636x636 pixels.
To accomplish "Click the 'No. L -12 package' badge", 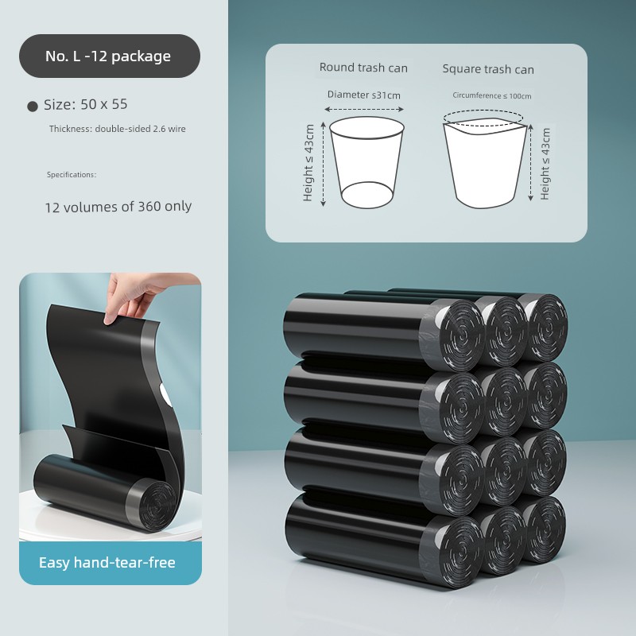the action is click(110, 56).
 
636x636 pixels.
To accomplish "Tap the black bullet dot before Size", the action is click(33, 107).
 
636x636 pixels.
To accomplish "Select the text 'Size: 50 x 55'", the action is click(86, 105).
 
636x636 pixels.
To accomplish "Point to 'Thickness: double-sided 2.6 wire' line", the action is click(117, 129).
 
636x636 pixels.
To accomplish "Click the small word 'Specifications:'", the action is click(72, 175).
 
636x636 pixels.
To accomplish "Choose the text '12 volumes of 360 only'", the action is click(118, 207).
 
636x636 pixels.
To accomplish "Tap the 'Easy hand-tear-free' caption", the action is click(107, 563).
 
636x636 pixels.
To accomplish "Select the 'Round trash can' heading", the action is click(363, 68).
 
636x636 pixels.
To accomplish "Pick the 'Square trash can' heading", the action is click(488, 69).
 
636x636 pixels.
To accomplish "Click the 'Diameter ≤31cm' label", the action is click(364, 95).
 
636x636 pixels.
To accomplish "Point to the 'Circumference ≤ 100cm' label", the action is click(491, 95).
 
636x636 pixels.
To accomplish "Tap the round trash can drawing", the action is click(366, 162).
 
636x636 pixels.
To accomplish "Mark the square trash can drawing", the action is click(485, 163).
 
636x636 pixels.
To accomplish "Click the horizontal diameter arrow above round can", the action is click(364, 109).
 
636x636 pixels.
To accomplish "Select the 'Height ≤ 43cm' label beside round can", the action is click(308, 163).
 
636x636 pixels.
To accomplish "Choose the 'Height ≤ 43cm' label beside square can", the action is click(545, 164).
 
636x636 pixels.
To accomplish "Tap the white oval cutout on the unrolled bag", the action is click(165, 394).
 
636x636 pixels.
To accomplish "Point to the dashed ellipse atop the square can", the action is click(483, 117).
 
